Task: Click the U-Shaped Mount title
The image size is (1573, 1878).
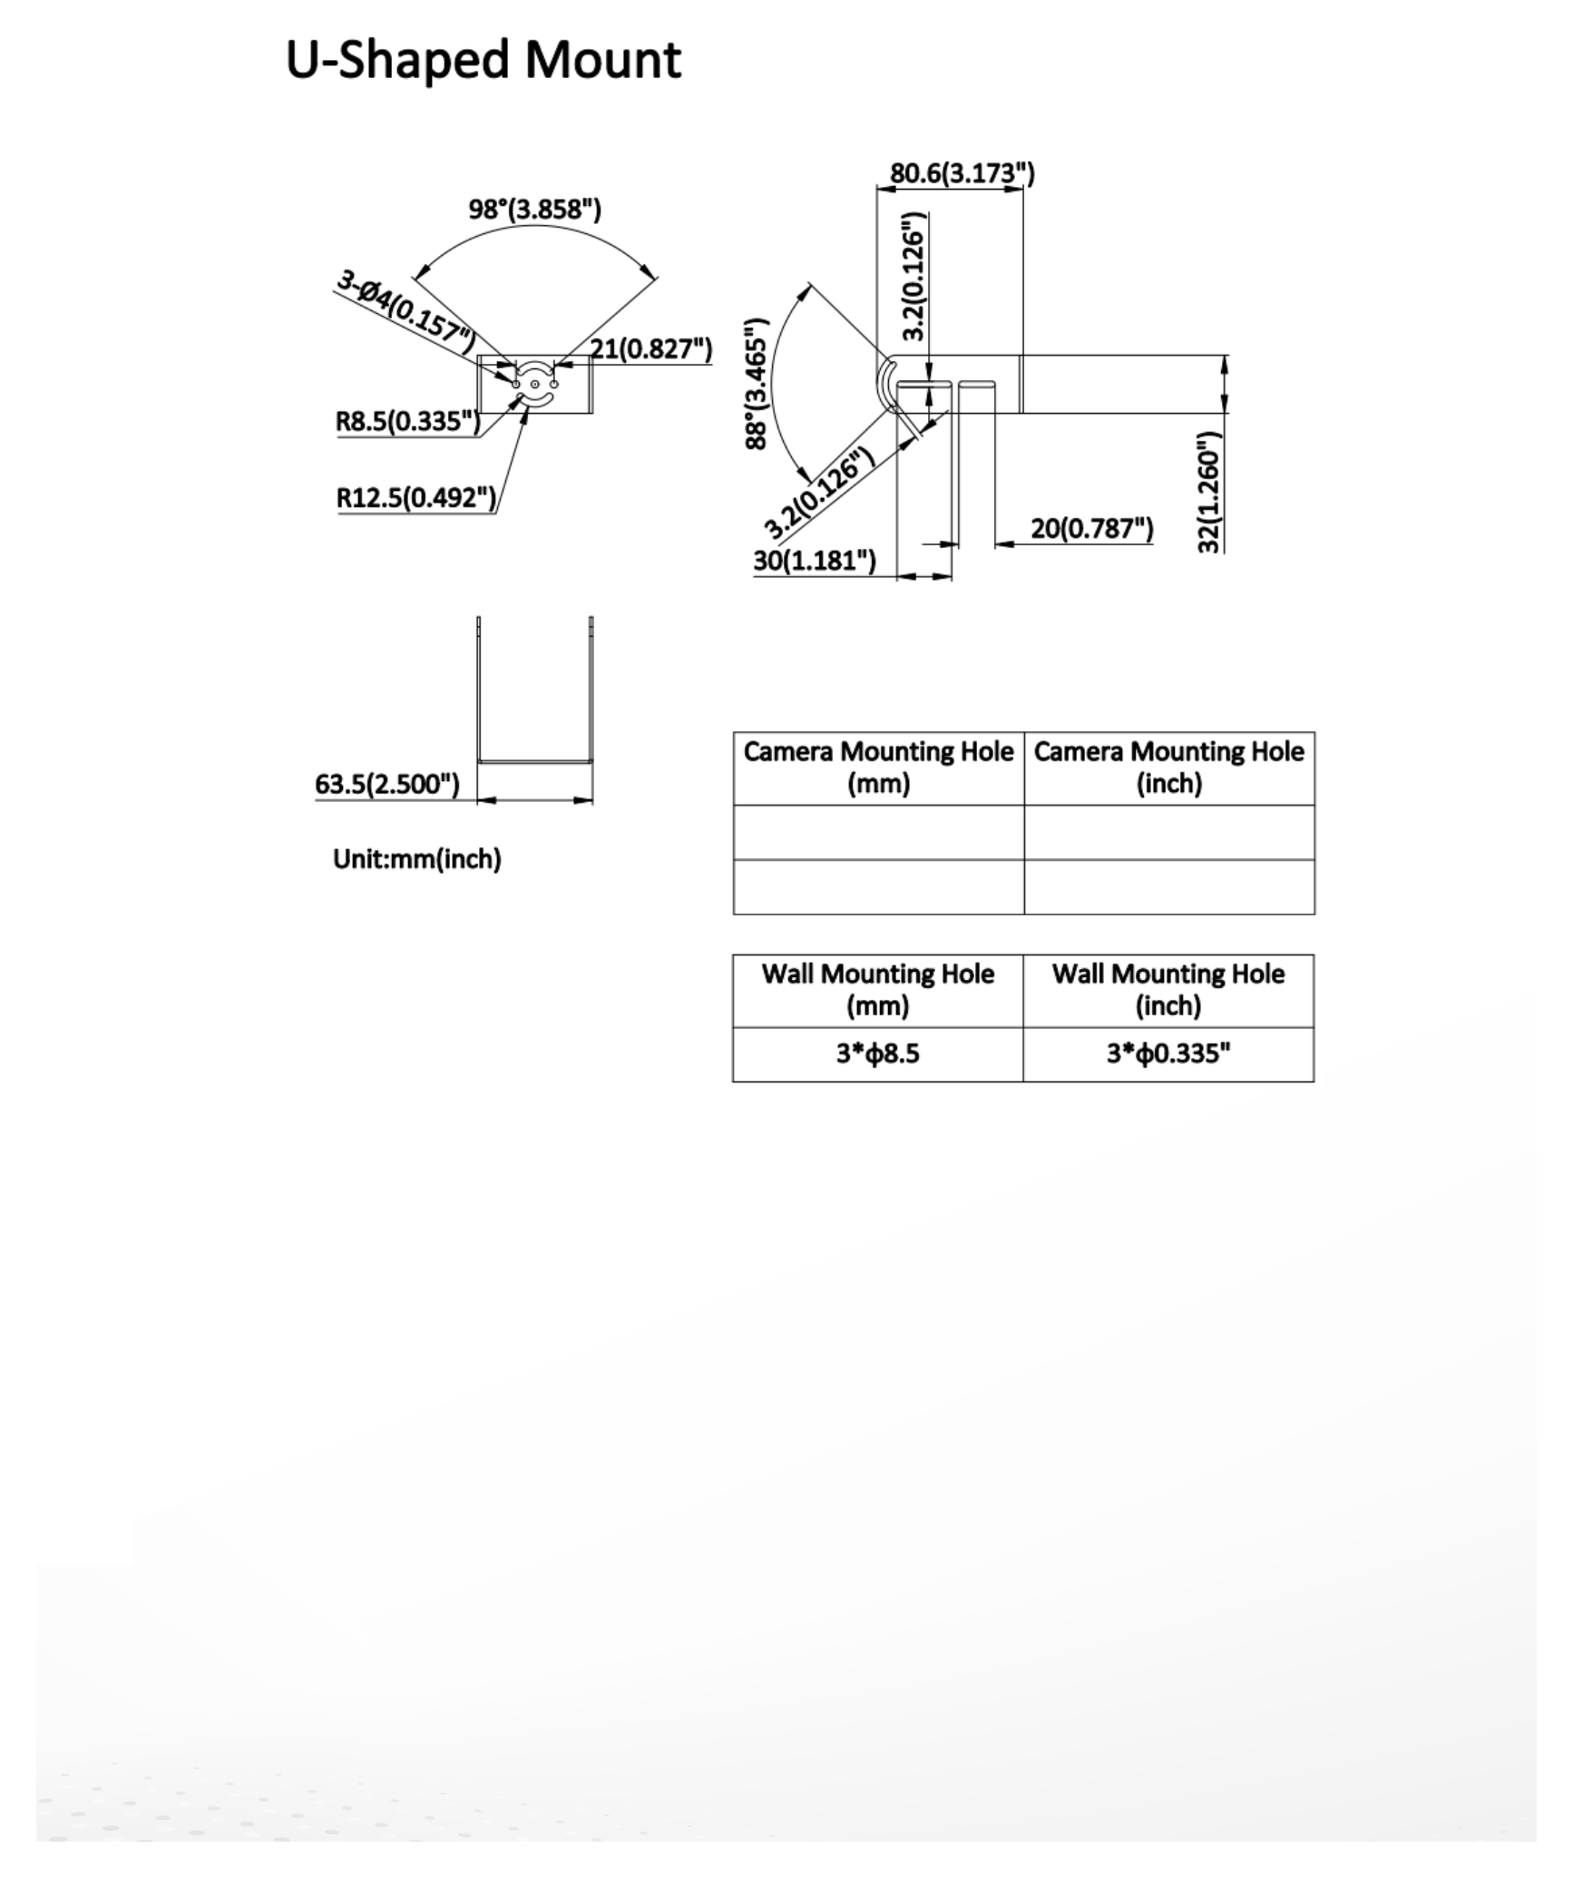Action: tap(483, 61)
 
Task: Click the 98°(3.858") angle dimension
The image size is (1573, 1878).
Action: tap(534, 210)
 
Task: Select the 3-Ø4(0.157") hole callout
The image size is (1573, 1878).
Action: tap(405, 311)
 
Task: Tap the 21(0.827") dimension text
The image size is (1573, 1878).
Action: tap(650, 348)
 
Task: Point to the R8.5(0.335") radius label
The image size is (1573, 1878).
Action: tap(407, 421)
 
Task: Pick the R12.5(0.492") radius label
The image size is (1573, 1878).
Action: tap(416, 497)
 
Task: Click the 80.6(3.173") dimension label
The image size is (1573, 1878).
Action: tap(962, 173)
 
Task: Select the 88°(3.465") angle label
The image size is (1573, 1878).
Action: tap(757, 383)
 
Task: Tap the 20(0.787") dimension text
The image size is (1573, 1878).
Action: tap(1091, 528)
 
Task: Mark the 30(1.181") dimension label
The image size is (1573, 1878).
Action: tap(815, 561)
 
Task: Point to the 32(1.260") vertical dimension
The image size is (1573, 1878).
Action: tap(1210, 492)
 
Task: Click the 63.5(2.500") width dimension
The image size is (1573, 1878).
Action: tap(387, 784)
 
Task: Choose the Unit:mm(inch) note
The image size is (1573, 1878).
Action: tap(417, 859)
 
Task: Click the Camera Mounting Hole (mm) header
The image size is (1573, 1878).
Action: tap(878, 768)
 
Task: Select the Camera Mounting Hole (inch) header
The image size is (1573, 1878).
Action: tap(1168, 768)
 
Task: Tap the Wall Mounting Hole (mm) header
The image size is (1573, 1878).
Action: tap(878, 990)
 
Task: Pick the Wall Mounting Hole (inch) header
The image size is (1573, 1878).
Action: tap(1168, 990)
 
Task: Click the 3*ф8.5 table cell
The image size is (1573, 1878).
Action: tap(878, 1053)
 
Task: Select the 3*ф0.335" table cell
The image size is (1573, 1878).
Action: tap(1168, 1053)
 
